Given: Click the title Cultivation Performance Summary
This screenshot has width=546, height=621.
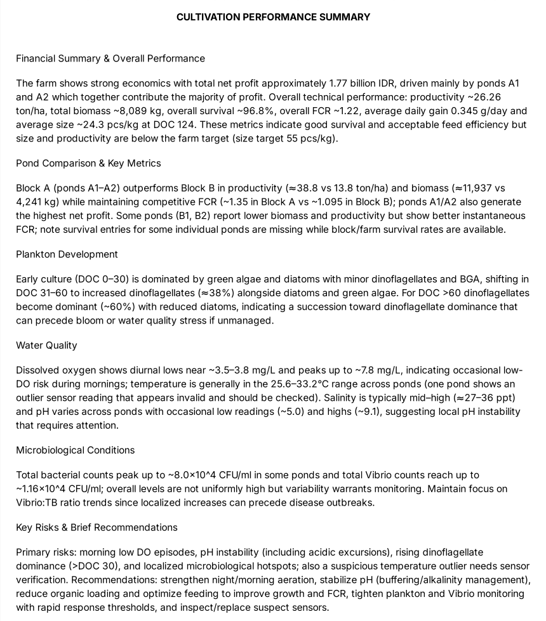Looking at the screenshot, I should pyautogui.click(x=273, y=17).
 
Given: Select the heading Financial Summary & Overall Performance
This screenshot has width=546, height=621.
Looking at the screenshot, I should pyautogui.click(x=110, y=58).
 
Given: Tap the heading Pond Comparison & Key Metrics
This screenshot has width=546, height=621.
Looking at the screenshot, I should pyautogui.click(x=88, y=163).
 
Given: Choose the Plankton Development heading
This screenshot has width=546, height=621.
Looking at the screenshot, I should pyautogui.click(x=67, y=254).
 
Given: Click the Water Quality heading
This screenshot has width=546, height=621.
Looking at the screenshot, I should pyautogui.click(x=46, y=346).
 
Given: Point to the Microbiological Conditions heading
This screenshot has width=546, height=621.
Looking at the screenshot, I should pyautogui.click(x=76, y=450).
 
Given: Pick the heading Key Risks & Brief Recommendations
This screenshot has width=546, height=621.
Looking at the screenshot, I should pyautogui.click(x=97, y=528).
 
